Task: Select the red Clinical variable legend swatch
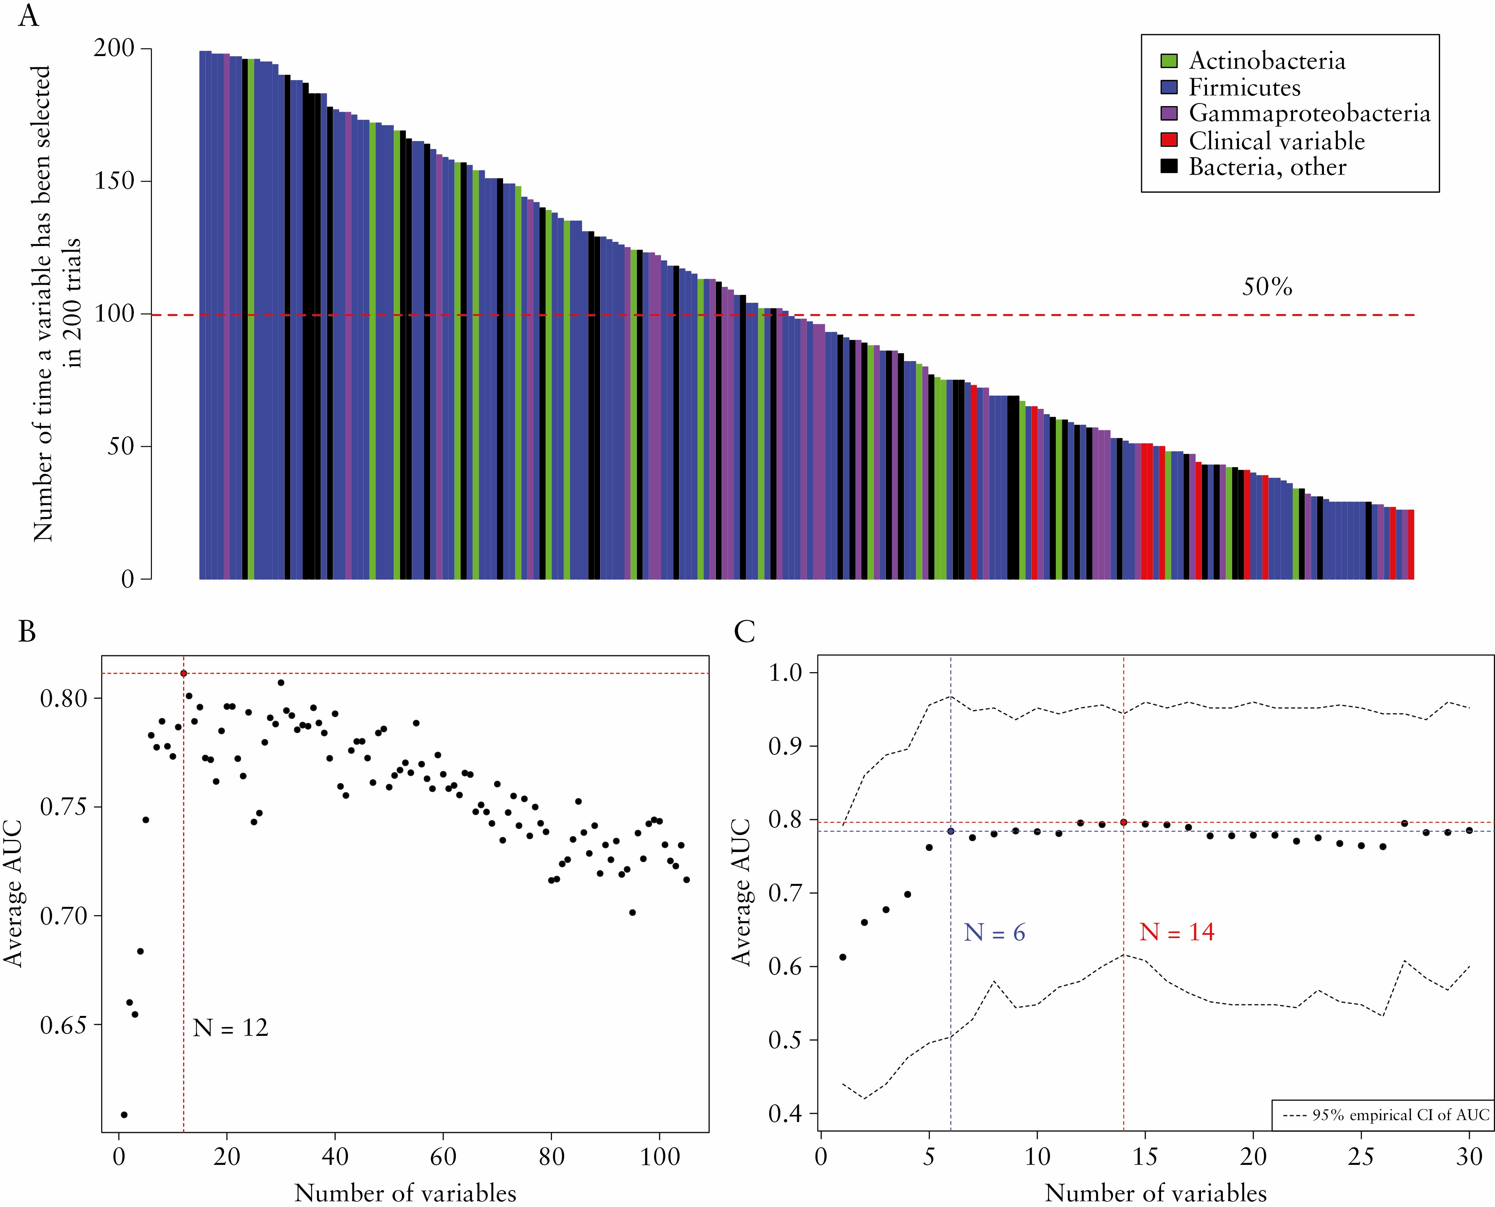click(1169, 140)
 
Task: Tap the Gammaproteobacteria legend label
click(1309, 113)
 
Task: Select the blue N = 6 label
click(994, 932)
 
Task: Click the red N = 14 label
click(1177, 932)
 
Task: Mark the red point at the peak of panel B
click(183, 673)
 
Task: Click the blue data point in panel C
click(951, 831)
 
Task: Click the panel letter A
click(29, 15)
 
